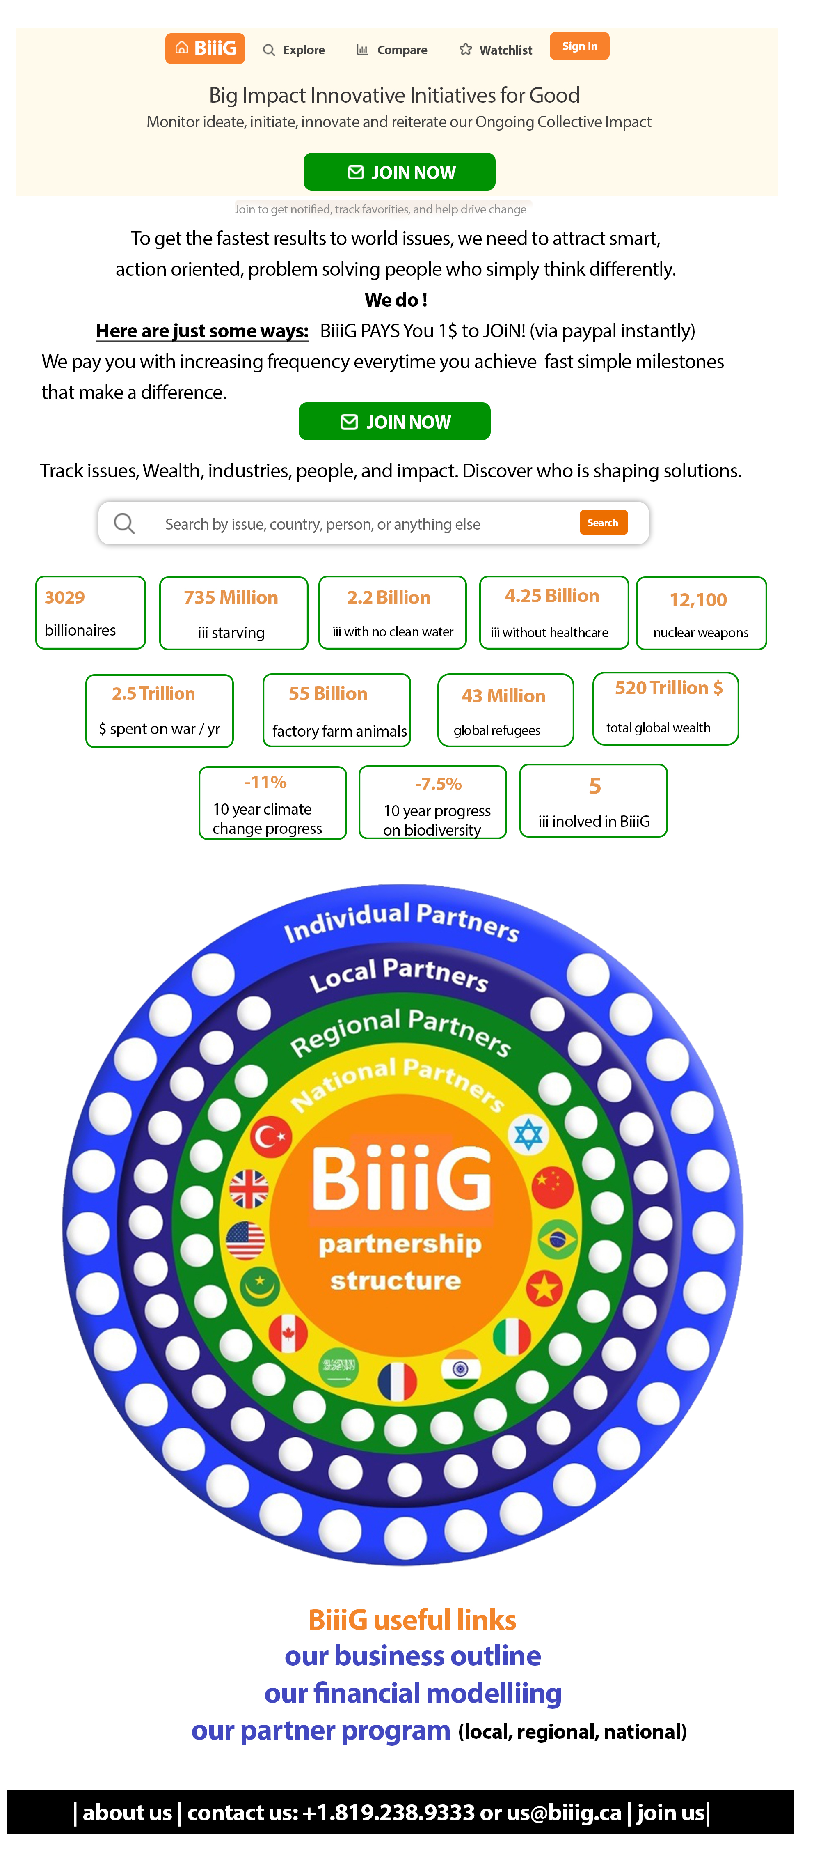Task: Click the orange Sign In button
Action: coord(579,46)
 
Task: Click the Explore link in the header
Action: coord(294,50)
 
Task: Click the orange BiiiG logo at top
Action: coord(205,49)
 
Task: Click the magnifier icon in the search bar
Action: coord(124,523)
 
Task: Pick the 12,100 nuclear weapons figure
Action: coord(698,600)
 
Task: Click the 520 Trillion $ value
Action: coord(669,688)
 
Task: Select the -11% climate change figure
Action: coord(265,783)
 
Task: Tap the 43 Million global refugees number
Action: coord(504,696)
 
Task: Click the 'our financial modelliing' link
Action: coord(412,1694)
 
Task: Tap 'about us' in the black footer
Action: coord(127,1813)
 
